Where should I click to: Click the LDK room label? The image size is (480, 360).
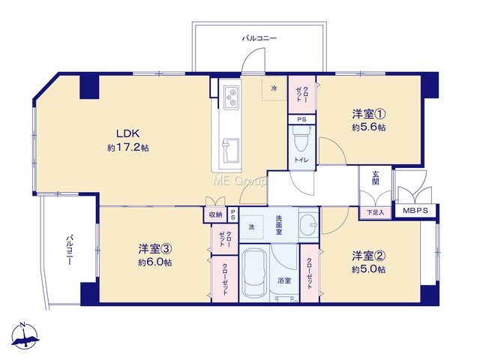128,133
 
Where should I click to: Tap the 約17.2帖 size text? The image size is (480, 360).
128,148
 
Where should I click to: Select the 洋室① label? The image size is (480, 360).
369,114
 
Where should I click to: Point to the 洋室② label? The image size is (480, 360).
368,256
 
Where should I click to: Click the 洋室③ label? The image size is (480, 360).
155,249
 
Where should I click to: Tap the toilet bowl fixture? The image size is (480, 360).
301,139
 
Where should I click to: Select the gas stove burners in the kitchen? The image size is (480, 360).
230,97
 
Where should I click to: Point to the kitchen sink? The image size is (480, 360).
230,151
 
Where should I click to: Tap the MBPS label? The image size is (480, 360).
415,211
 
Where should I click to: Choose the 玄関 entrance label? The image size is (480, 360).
375,178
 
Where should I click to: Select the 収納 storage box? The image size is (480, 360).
215,214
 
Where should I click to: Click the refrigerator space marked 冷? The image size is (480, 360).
275,88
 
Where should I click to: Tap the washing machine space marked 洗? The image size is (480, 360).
252,226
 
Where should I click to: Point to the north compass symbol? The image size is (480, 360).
24,335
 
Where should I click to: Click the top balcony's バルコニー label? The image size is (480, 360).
259,38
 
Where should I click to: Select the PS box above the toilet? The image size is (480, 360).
301,119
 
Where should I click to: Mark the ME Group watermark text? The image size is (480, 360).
240,181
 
